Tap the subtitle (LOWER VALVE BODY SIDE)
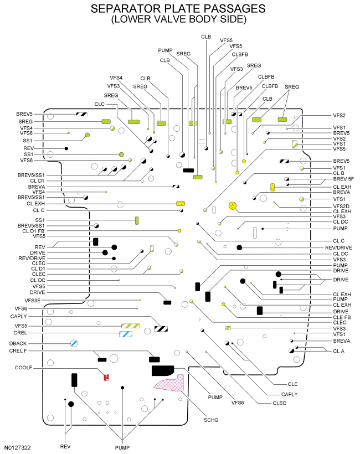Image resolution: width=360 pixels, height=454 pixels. coord(179,19)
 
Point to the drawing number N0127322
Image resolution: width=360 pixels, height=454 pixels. coord(17,447)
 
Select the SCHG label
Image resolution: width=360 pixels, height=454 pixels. coord(211,420)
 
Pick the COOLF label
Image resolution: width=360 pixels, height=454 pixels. coord(23,368)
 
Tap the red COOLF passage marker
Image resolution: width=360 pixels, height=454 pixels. coord(106,377)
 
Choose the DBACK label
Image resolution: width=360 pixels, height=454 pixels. coord(18,343)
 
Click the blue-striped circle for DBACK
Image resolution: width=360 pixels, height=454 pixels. coord(74,343)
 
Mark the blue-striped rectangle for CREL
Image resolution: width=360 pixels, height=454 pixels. coord(126,334)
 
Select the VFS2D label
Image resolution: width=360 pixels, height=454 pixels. coord(341,206)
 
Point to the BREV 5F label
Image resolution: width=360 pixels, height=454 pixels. coord(343,179)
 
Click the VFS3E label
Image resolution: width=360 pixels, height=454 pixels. coord(33,301)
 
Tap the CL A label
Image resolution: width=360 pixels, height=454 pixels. coord(338,351)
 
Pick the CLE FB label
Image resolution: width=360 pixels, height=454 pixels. coord(342,317)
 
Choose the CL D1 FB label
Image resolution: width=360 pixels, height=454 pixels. coord(33,231)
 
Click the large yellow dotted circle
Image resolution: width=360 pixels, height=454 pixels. coord(233,206)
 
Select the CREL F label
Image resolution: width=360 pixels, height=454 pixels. coord(18,350)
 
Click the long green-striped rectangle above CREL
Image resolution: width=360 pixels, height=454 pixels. coord(131,326)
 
